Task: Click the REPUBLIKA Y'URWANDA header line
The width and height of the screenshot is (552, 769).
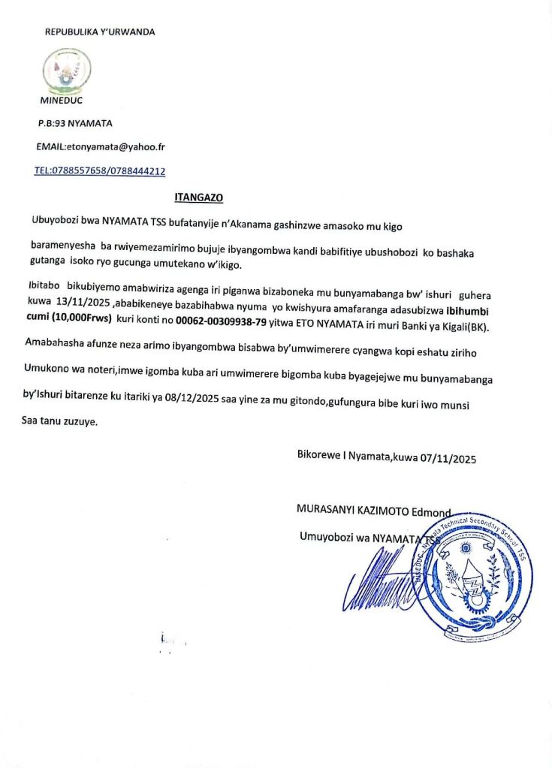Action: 100,32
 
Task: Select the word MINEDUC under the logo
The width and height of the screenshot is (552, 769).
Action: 61,99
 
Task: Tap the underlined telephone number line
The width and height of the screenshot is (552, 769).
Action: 100,171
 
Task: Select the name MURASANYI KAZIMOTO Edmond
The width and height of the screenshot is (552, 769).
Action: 373,511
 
